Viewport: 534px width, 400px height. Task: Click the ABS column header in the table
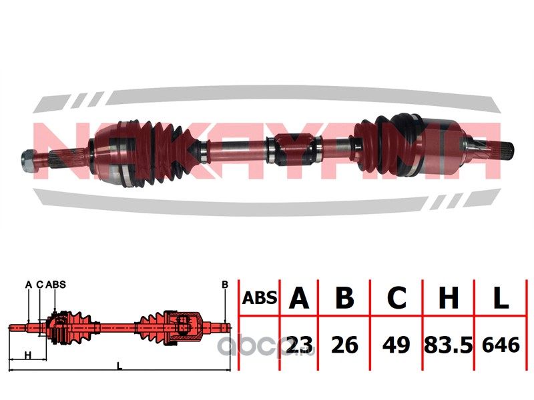[x=260, y=298]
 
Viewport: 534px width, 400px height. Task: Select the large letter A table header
[x=298, y=297]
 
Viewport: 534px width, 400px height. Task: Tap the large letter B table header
[x=344, y=297]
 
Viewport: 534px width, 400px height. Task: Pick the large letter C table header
[x=396, y=297]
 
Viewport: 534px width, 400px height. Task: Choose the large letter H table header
[x=449, y=297]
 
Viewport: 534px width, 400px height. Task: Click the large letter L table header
[x=501, y=297]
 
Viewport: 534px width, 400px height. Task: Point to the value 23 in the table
[x=299, y=345]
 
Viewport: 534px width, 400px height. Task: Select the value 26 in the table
[x=344, y=345]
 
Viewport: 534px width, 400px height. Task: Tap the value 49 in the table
[x=396, y=345]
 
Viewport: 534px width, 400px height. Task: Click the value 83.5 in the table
[x=448, y=345]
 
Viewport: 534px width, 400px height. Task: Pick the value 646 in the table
[x=501, y=345]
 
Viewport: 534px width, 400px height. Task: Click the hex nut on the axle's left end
[x=29, y=157]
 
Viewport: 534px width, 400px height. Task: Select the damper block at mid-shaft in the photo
[x=294, y=149]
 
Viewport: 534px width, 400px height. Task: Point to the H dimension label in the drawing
[x=28, y=355]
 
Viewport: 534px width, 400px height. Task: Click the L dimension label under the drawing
[x=119, y=366]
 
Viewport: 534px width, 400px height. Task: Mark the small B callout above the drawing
[x=225, y=285]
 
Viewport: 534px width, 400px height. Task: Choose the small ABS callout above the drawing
[x=55, y=285]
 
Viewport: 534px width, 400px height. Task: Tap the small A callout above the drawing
[x=29, y=285]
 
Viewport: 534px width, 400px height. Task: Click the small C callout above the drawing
[x=40, y=285]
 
